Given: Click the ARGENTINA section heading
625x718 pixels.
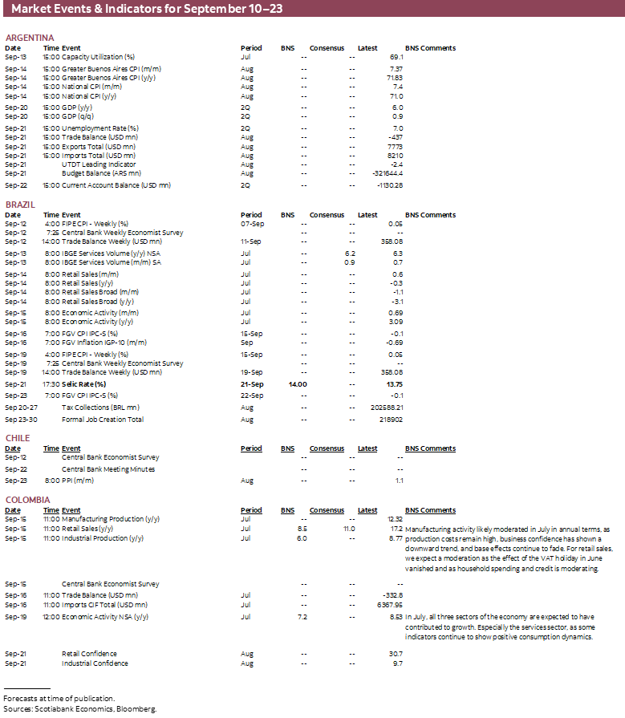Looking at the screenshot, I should pyautogui.click(x=30, y=38).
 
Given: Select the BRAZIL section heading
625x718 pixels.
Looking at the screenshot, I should pyautogui.click(x=21, y=205).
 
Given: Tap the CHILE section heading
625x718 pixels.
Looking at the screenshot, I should pyautogui.click(x=18, y=438).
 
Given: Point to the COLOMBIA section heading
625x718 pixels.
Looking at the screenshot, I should pyautogui.click(x=27, y=500).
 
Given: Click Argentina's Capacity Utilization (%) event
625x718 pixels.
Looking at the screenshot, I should pyautogui.click(x=99, y=58).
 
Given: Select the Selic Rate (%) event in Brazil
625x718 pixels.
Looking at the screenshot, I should pyautogui.click(x=83, y=384).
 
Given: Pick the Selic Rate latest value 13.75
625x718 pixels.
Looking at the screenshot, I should pyautogui.click(x=393, y=384).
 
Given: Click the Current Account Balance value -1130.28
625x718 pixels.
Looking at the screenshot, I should pyautogui.click(x=389, y=185).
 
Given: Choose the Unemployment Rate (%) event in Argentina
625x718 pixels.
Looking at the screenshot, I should pyautogui.click(x=100, y=128).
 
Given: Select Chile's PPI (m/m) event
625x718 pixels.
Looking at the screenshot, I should pyautogui.click(x=78, y=481).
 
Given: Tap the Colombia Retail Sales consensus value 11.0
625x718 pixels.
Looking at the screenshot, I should pyautogui.click(x=348, y=529).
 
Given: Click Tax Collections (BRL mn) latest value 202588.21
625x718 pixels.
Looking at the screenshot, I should pyautogui.click(x=385, y=408).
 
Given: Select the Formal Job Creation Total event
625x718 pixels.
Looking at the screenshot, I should pyautogui.click(x=103, y=420).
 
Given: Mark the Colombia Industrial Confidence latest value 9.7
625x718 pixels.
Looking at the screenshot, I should pyautogui.click(x=397, y=664).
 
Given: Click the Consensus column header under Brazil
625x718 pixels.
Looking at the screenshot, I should pyautogui.click(x=327, y=215).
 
